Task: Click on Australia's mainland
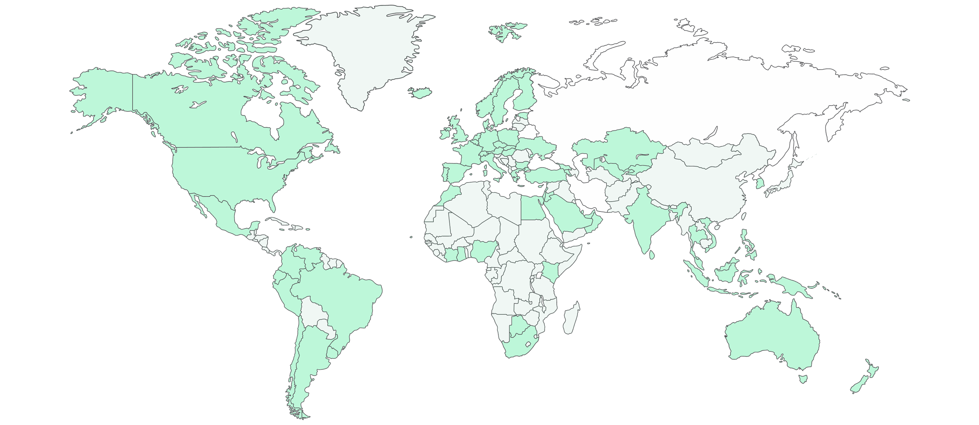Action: (770, 340)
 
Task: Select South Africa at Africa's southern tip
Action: (521, 344)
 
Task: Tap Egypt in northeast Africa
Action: (533, 208)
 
